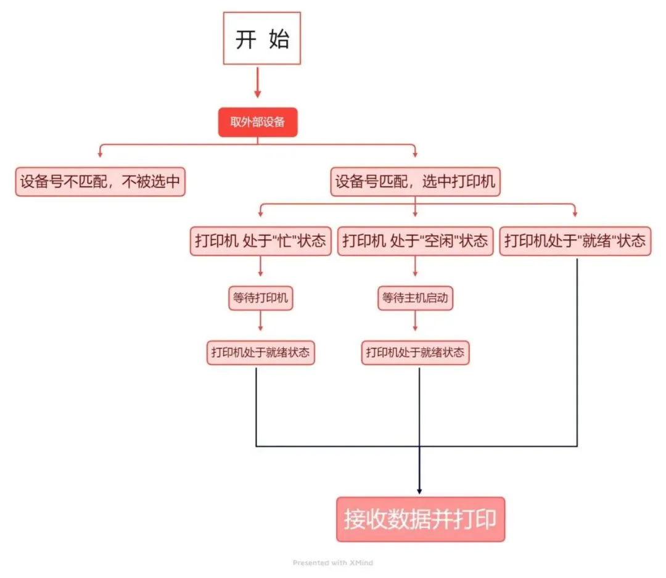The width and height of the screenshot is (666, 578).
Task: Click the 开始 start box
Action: point(261,38)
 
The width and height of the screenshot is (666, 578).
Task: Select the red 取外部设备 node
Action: point(258,122)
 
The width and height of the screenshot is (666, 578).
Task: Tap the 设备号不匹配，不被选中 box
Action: point(100,182)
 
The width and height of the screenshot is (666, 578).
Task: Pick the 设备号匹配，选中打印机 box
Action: point(415,182)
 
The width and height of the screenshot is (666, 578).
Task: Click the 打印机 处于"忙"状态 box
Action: point(260,241)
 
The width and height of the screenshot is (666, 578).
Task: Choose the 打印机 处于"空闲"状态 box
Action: point(415,241)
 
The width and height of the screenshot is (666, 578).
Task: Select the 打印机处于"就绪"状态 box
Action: point(575,241)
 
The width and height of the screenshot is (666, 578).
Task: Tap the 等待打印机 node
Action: point(260,299)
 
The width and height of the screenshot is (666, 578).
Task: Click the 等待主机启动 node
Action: point(415,299)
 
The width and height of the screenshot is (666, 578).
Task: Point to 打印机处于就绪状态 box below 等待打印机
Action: point(260,353)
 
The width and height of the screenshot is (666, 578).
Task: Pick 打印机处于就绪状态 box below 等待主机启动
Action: point(415,353)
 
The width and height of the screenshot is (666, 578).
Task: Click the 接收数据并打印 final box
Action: point(420,519)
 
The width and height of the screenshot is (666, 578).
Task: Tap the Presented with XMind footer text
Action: point(332,563)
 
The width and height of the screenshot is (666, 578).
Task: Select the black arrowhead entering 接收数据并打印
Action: point(419,491)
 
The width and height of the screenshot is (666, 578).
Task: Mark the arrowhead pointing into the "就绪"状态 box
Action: point(575,213)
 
